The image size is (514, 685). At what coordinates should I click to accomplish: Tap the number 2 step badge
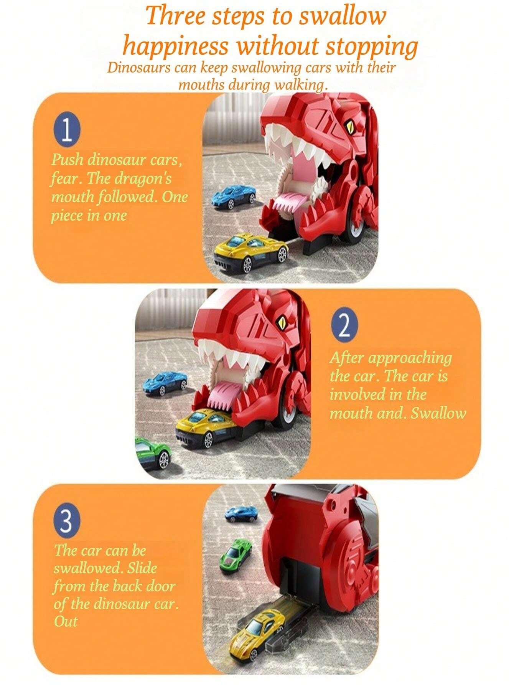click(x=344, y=326)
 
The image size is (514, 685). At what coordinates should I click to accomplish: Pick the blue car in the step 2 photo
click(x=165, y=382)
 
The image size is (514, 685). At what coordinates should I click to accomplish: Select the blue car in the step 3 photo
click(x=241, y=513)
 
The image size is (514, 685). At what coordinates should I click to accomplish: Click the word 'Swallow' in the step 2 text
click(x=438, y=413)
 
